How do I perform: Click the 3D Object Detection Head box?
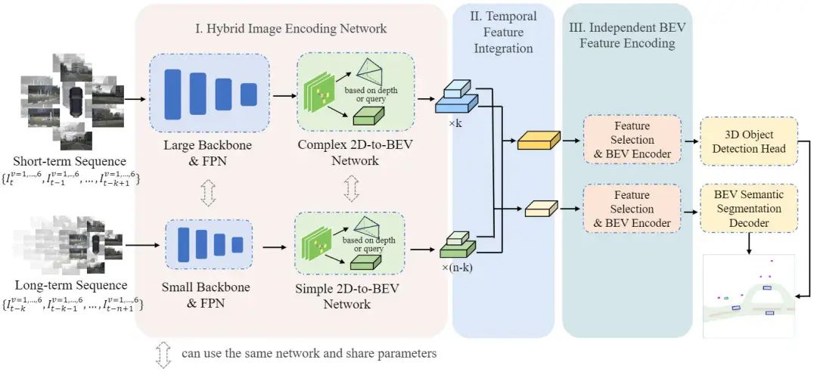(749, 140)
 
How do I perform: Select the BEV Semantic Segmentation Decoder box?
(749, 209)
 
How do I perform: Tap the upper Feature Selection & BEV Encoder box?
(632, 140)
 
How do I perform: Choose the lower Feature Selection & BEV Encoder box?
(632, 209)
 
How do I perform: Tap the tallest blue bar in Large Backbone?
(173, 94)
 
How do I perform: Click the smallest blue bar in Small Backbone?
(238, 245)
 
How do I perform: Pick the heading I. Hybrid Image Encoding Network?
(290, 28)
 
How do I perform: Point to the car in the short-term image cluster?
(75, 102)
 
